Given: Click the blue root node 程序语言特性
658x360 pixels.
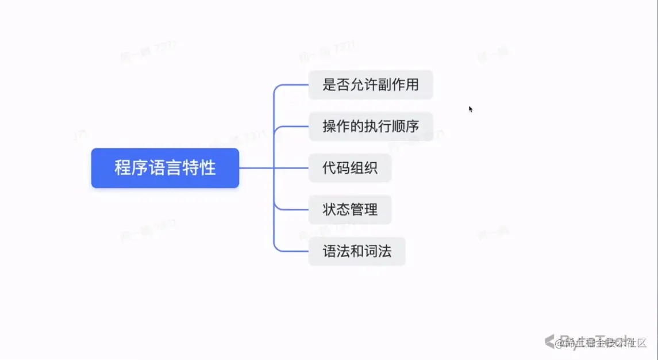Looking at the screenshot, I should [165, 168].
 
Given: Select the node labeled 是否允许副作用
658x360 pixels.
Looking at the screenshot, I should [371, 85].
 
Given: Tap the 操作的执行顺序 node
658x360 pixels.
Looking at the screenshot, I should [371, 127].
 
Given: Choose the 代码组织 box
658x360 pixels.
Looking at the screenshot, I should [350, 168].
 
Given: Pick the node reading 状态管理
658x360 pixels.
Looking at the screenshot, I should [350, 209].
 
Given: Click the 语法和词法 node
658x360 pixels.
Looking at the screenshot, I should [357, 251].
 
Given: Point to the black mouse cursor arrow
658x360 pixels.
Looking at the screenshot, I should [471, 109].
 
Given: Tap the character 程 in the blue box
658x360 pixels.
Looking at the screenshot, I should [121, 168].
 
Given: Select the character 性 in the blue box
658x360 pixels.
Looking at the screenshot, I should [209, 168].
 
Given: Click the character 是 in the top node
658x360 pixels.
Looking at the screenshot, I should [329, 85].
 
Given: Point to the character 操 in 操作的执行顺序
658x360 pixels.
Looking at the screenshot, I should [329, 127].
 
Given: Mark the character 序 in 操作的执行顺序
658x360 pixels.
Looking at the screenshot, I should [412, 127].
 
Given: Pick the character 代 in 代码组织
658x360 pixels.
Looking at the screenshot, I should [329, 168].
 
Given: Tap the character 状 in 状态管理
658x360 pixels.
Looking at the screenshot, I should [329, 209].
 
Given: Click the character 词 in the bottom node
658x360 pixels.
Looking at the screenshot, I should [371, 251].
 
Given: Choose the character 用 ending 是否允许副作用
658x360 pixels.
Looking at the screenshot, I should [412, 85].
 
